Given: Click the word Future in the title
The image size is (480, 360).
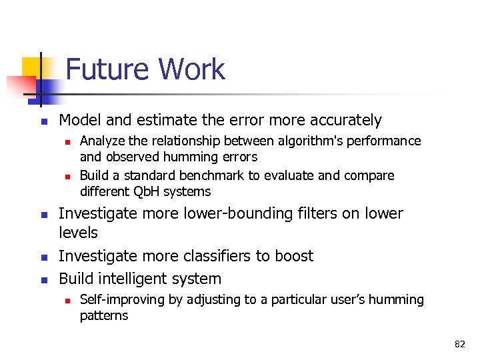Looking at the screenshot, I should [x=107, y=70].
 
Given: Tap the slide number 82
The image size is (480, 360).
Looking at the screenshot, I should [x=459, y=344].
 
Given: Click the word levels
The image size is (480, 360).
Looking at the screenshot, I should [x=78, y=233].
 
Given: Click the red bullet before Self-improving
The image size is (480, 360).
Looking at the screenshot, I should [x=67, y=301].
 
